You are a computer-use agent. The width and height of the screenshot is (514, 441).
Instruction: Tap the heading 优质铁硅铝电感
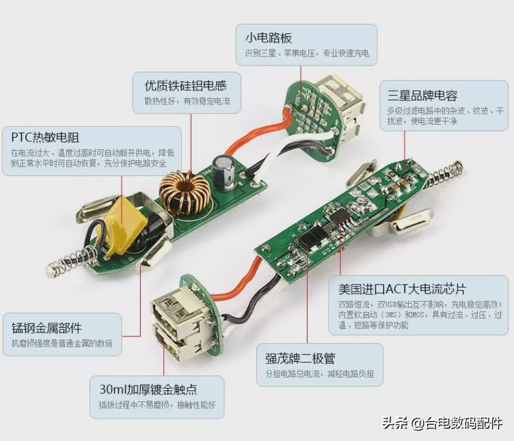tap(185, 86)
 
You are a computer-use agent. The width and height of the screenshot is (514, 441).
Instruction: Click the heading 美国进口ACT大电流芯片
tap(407, 289)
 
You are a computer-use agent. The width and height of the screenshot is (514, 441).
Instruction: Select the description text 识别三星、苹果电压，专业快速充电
tap(307, 53)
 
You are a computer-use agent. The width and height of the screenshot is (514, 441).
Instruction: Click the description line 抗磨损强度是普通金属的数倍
tap(62, 343)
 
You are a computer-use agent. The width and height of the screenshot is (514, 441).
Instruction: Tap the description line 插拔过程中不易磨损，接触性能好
tap(157, 404)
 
